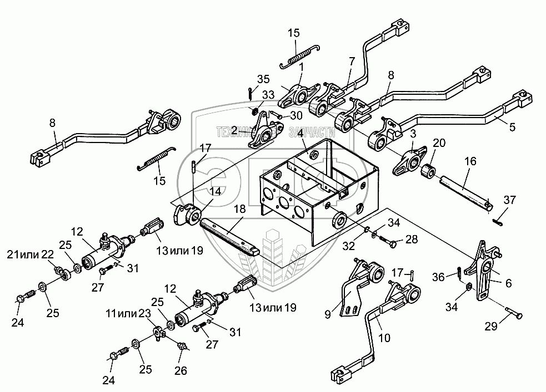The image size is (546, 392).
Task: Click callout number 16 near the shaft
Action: click(x=470, y=161)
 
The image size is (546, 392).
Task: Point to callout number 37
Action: click(x=510, y=200)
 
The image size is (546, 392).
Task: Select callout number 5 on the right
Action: click(x=512, y=127)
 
